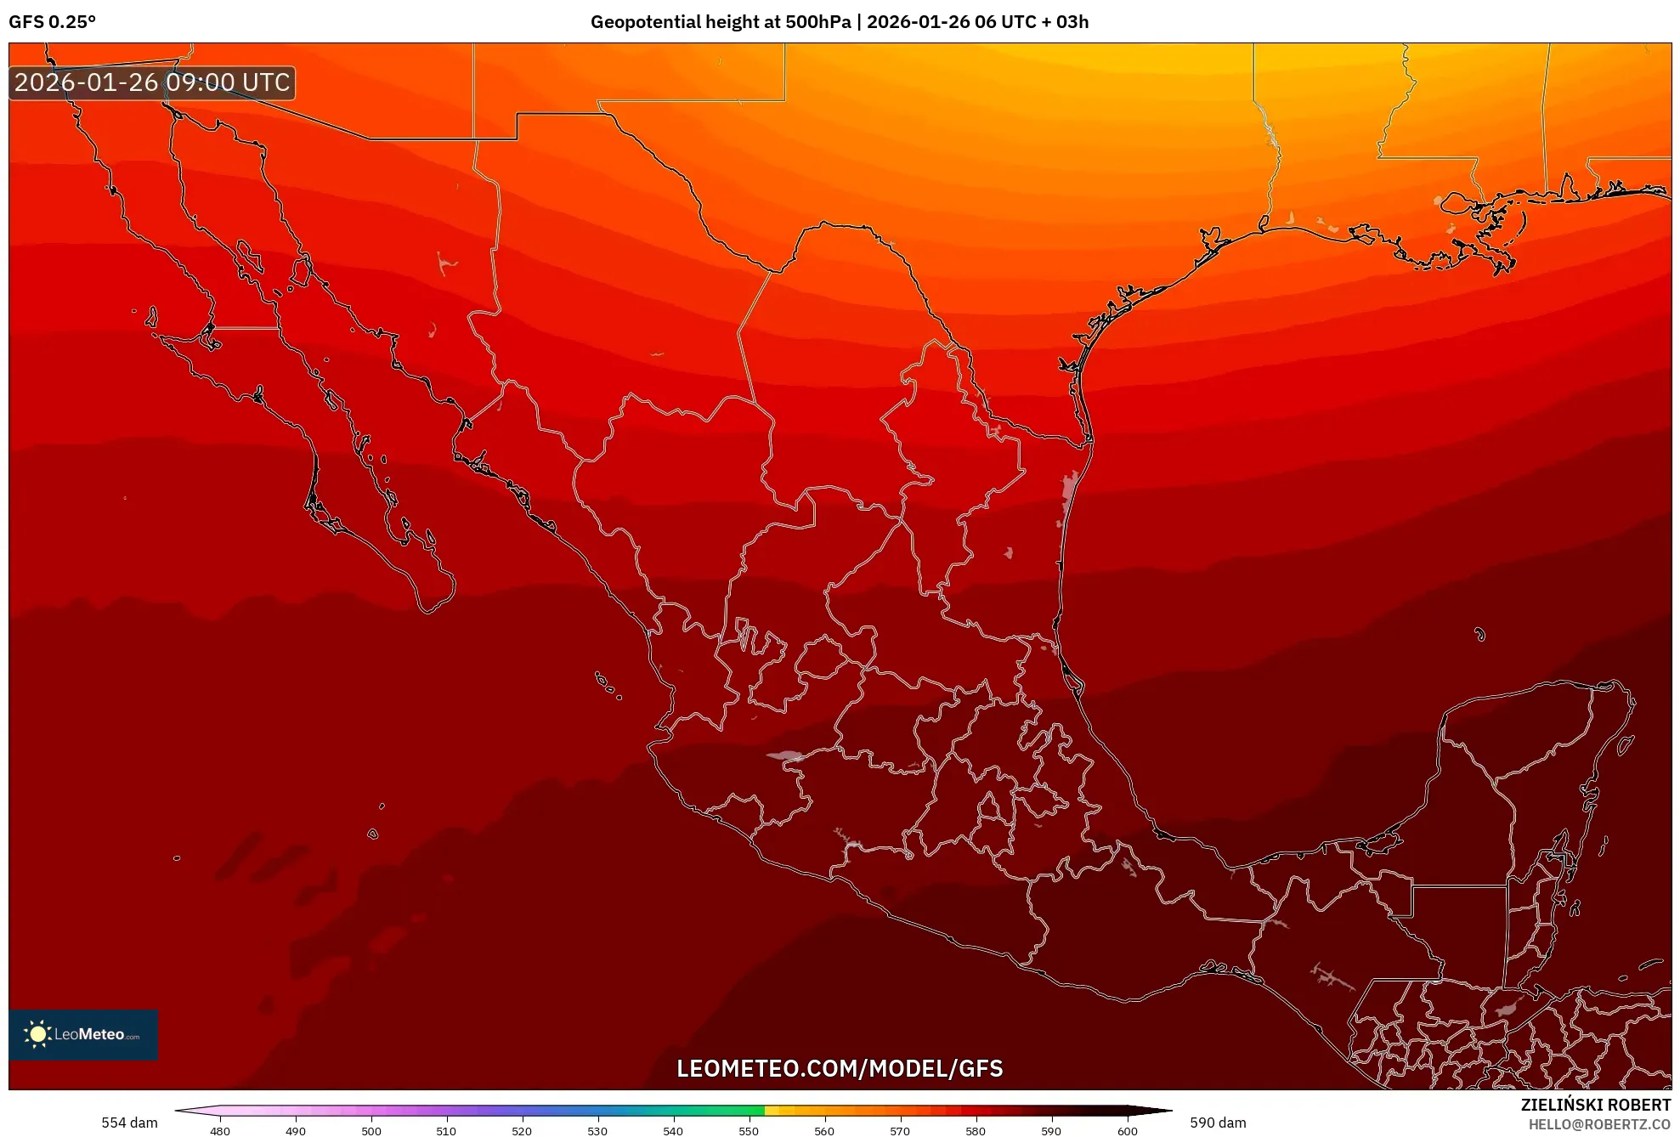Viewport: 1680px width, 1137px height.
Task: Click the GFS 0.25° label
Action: click(x=52, y=22)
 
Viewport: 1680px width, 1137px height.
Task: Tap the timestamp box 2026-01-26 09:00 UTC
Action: click(x=152, y=82)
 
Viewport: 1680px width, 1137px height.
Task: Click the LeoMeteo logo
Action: click(x=83, y=1034)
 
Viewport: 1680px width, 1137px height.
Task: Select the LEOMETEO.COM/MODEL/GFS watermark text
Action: click(x=840, y=1068)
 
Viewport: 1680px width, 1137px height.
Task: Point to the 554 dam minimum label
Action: click(x=129, y=1123)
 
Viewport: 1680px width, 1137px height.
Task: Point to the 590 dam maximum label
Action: click(x=1218, y=1123)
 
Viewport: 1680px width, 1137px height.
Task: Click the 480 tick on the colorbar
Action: click(x=220, y=1131)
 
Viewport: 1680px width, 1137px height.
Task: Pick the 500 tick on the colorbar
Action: click(x=371, y=1131)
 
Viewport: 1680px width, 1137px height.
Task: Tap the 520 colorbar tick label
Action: click(x=522, y=1131)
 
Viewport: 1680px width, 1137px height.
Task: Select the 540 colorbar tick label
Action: click(x=673, y=1131)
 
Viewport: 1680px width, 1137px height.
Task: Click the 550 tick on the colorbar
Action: click(x=749, y=1131)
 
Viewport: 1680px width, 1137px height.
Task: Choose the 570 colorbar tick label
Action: click(x=900, y=1131)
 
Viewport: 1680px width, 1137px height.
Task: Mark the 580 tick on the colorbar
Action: click(x=976, y=1131)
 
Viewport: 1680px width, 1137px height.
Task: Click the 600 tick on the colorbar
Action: click(x=1127, y=1131)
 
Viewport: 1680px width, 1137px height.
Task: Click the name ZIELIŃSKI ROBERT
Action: click(x=1595, y=1105)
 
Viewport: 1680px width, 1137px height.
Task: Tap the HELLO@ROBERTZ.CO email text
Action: click(x=1599, y=1124)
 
